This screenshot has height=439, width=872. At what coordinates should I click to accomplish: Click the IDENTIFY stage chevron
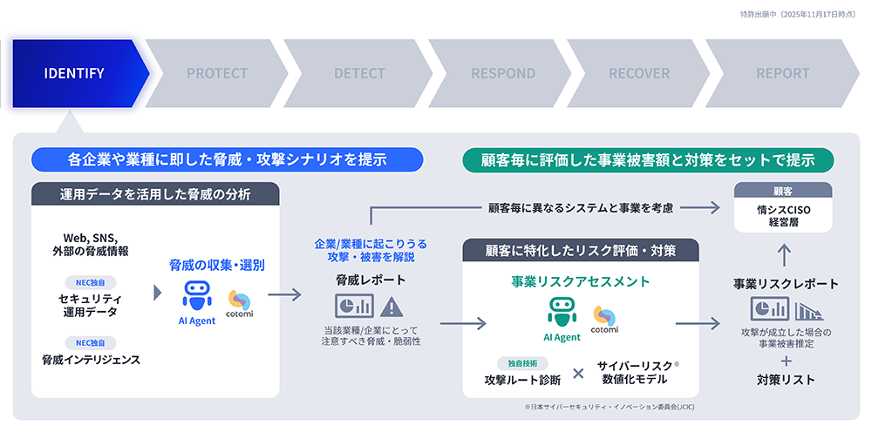click(77, 73)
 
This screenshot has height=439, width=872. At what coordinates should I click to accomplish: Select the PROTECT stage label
click(217, 73)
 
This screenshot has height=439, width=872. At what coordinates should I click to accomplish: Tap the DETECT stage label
click(359, 73)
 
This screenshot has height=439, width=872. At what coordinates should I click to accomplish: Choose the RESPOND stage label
click(503, 73)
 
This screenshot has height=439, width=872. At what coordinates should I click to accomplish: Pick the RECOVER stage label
click(639, 73)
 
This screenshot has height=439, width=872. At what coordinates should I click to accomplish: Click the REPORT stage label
click(782, 73)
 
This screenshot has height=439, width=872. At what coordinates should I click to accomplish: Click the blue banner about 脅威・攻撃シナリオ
click(227, 159)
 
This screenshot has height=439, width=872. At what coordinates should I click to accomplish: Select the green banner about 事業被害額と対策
click(647, 159)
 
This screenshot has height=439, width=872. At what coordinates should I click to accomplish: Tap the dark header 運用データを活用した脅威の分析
click(155, 193)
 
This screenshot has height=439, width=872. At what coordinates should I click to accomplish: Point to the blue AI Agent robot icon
click(197, 295)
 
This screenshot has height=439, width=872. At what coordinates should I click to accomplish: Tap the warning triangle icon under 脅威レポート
click(392, 307)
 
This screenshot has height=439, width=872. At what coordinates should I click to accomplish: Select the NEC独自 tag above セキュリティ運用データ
click(90, 282)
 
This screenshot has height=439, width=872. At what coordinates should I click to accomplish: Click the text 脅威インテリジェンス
click(91, 359)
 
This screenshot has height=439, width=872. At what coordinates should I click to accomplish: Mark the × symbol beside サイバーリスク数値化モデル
click(577, 373)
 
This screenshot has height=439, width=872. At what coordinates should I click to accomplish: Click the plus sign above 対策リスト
click(786, 359)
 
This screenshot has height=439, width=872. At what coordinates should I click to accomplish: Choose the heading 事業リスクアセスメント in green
click(580, 281)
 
